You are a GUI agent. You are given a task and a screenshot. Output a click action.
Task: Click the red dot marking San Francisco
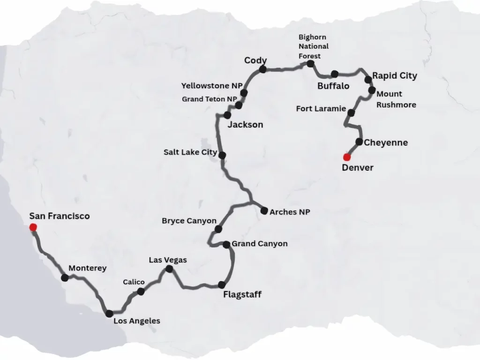click(33, 227)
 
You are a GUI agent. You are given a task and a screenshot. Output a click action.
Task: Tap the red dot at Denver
click(347, 157)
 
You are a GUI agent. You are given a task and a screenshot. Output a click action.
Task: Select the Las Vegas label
click(168, 260)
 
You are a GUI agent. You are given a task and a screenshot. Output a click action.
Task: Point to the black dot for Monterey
click(65, 278)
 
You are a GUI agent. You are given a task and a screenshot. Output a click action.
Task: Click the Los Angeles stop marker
click(109, 314)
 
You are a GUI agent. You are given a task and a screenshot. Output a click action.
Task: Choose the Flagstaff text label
click(242, 294)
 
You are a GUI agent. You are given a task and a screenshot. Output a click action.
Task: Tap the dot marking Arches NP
click(264, 210)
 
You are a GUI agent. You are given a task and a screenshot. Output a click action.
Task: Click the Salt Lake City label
click(190, 152)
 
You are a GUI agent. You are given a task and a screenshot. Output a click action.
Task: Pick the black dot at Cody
click(262, 69)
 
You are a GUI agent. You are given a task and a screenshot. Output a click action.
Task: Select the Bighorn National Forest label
click(314, 46)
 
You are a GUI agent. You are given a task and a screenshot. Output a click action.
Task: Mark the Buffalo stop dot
click(334, 74)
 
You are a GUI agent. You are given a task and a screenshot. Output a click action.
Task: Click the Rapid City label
click(395, 75)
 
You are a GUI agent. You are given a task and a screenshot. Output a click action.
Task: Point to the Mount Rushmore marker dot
click(372, 90)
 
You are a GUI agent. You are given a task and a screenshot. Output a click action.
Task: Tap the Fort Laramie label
click(321, 109)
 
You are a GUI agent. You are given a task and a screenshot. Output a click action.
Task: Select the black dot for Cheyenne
click(359, 142)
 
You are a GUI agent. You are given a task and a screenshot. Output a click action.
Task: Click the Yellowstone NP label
click(212, 86)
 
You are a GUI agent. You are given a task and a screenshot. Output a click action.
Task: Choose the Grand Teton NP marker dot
click(239, 105)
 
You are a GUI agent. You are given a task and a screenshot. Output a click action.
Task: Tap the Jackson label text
click(245, 125)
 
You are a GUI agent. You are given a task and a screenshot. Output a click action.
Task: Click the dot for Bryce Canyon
click(218, 229)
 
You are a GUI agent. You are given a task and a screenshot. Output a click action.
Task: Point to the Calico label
click(134, 282)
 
